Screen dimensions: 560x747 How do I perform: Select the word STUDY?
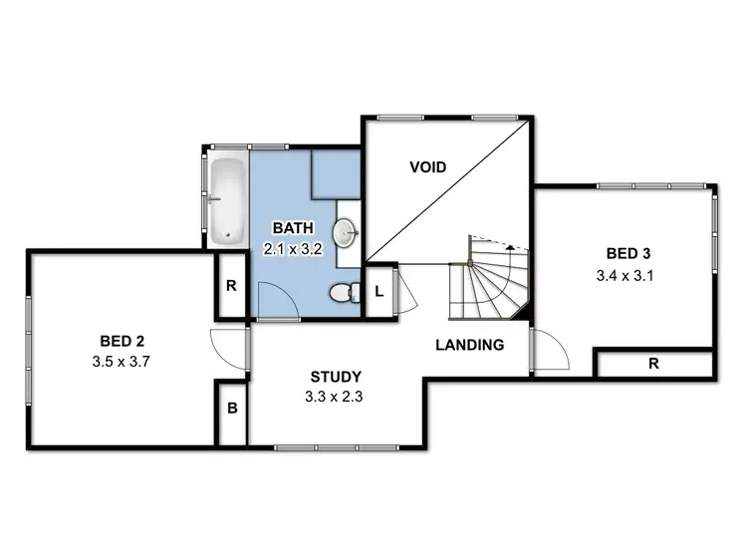(x=336, y=377)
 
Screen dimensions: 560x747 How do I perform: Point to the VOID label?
(x=427, y=166)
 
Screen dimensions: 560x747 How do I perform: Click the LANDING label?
(x=469, y=346)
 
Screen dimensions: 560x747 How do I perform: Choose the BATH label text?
(x=291, y=228)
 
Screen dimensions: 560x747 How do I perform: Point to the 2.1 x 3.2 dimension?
(x=291, y=249)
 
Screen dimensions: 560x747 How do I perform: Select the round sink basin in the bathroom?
(x=346, y=232)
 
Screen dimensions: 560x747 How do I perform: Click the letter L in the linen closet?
(x=379, y=292)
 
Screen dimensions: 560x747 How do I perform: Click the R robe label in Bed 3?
(x=653, y=364)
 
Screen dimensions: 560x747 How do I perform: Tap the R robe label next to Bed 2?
(x=231, y=285)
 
